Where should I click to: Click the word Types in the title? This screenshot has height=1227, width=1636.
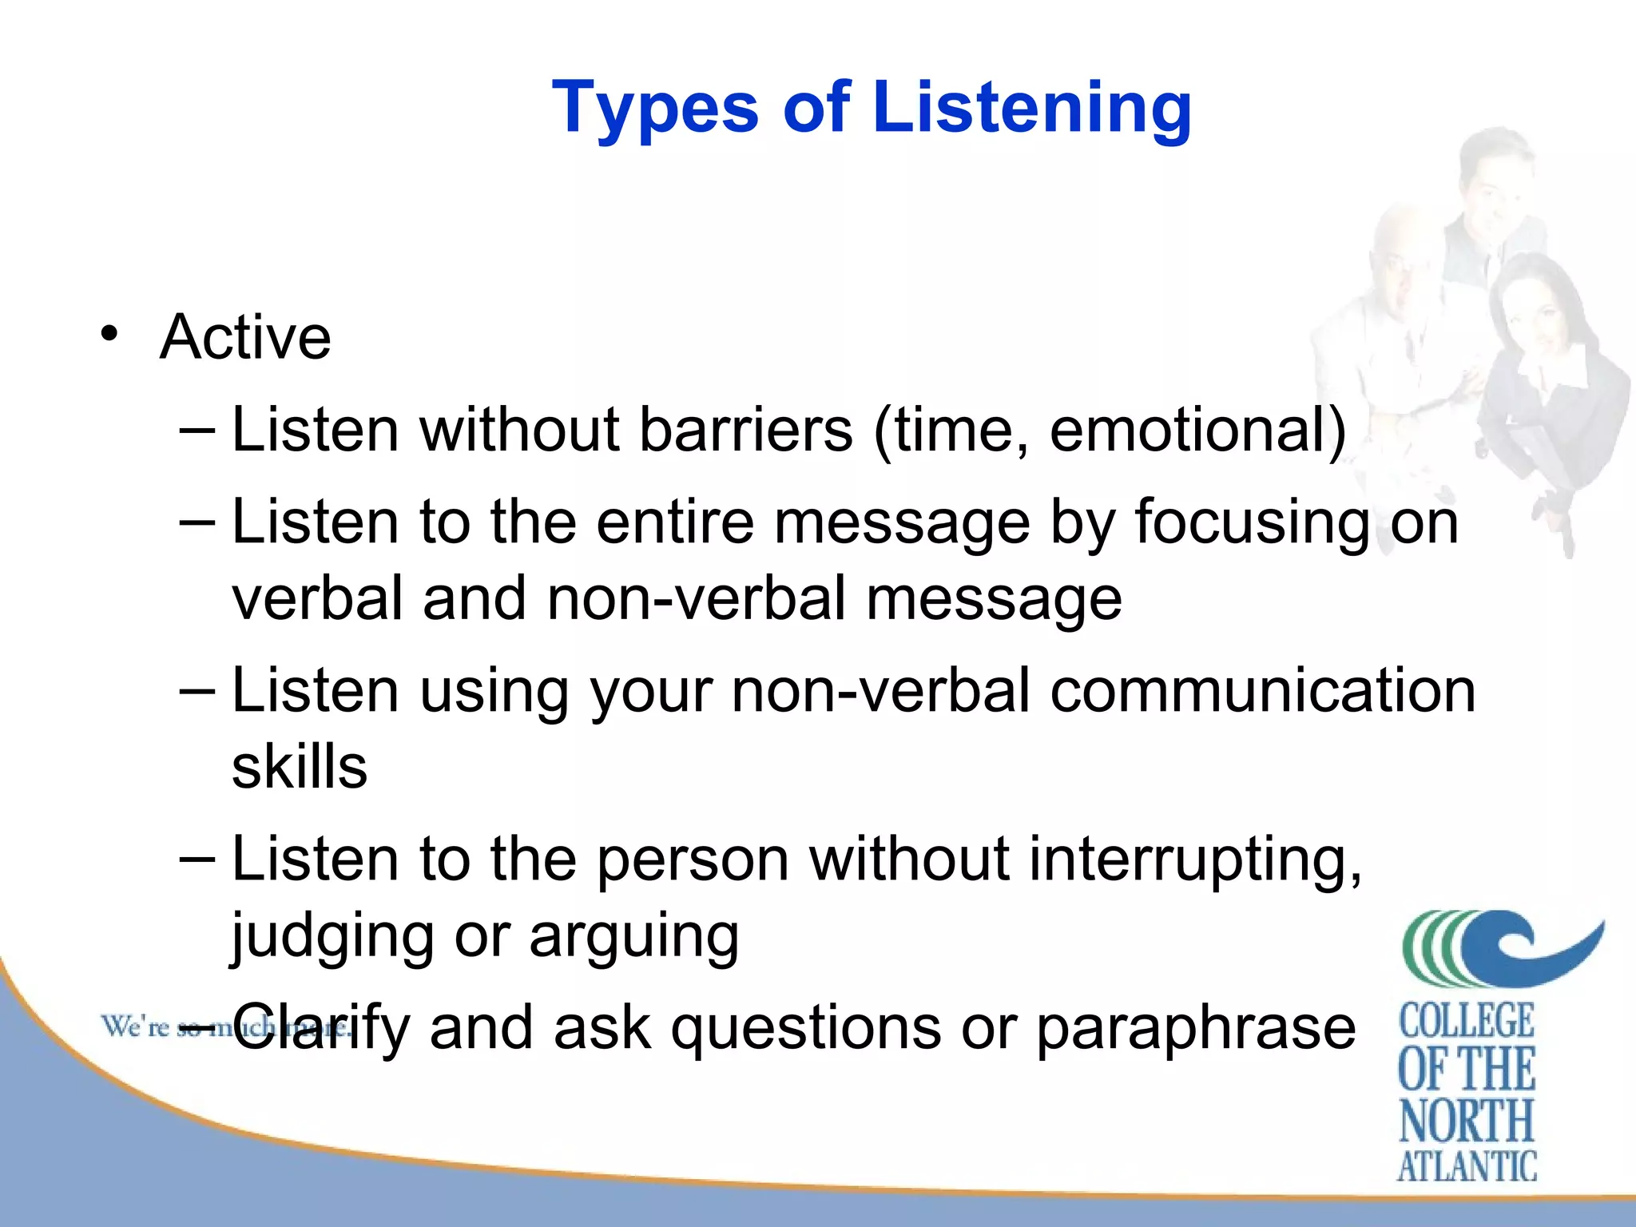[655, 108]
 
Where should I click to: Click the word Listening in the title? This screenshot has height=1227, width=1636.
[1032, 108]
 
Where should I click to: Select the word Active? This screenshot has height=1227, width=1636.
[245, 337]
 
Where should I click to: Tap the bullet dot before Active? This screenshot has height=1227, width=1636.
[109, 333]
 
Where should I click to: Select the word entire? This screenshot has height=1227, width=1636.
[675, 522]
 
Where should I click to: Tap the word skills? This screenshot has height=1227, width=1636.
[300, 767]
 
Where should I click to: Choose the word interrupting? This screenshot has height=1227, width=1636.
[1195, 861]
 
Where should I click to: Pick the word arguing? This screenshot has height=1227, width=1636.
[633, 937]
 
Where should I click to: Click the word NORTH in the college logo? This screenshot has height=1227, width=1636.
[1467, 1121]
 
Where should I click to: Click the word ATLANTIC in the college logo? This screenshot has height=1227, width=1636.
[1467, 1166]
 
